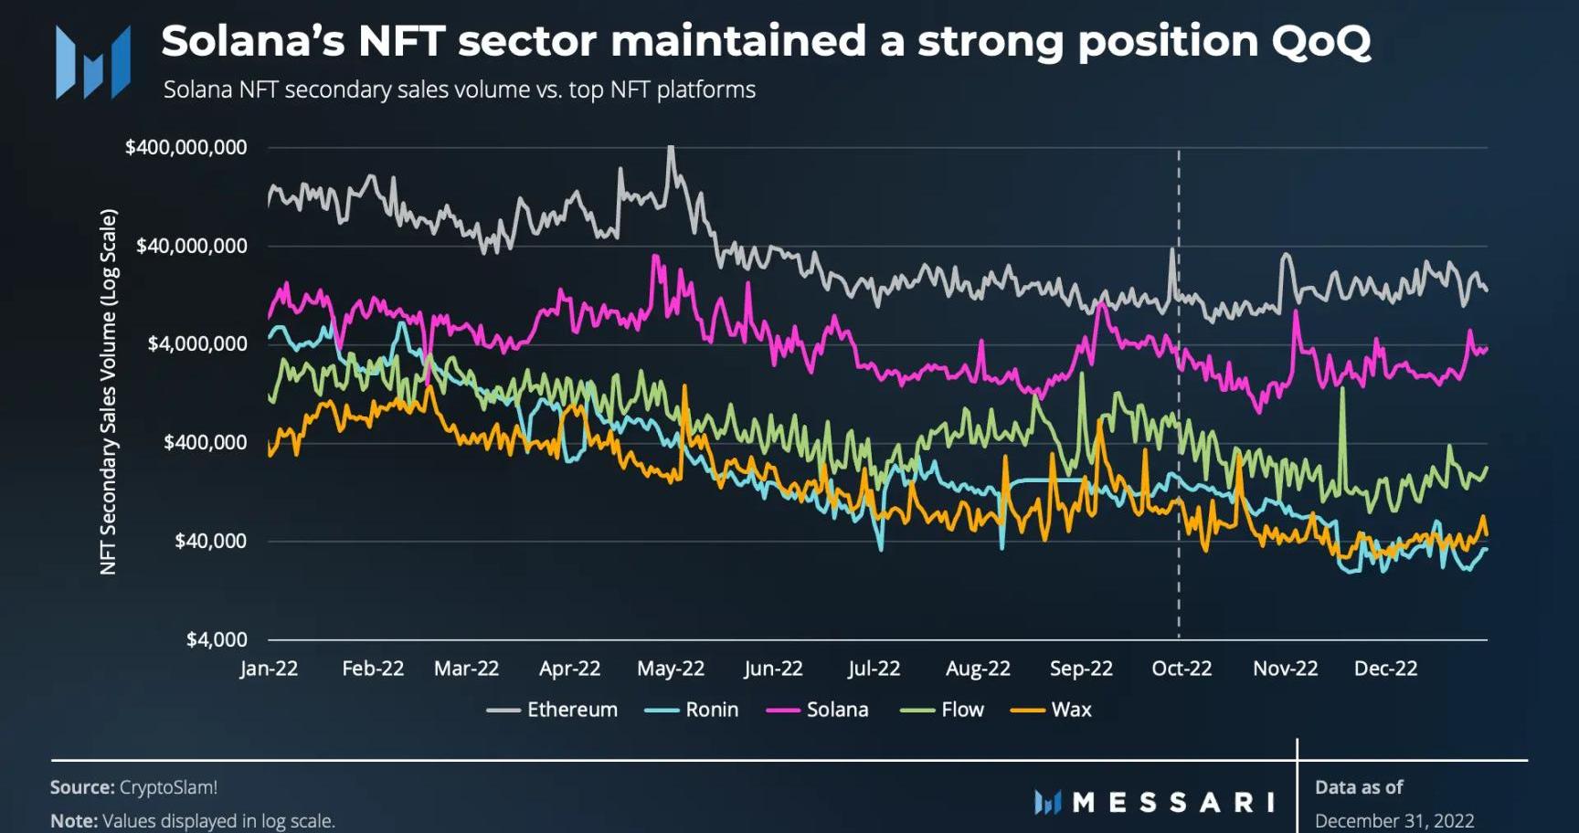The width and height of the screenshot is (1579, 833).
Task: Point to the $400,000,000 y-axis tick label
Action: point(185,147)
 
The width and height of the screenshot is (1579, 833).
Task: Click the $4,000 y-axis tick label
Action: point(216,639)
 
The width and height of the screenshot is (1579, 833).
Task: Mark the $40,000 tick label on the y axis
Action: point(210,541)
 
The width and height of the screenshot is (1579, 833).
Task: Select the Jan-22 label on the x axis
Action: point(269,669)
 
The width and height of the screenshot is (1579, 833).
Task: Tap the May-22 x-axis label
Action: point(671,669)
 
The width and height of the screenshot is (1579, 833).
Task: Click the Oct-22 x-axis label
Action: point(1182,669)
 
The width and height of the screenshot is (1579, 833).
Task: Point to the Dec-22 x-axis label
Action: point(1385,669)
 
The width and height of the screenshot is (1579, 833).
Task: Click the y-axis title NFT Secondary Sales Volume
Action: point(108,392)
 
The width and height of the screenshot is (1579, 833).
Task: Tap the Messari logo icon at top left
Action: point(92,62)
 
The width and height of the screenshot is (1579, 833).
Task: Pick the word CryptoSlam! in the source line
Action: point(168,787)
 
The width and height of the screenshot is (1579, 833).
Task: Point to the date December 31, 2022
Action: point(1394,820)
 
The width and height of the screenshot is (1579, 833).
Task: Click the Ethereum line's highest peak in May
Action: point(672,147)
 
